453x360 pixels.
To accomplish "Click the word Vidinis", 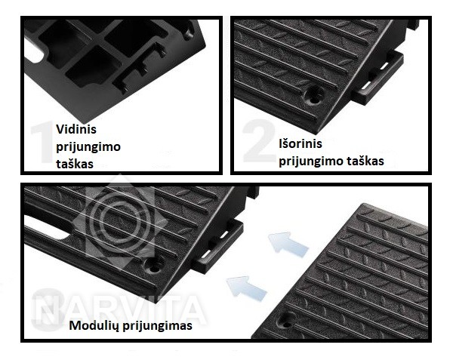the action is pyautogui.click(x=76, y=129).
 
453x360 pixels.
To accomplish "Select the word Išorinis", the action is pyautogui.click(x=300, y=143).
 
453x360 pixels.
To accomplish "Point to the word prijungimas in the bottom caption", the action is pyautogui.click(x=158, y=325).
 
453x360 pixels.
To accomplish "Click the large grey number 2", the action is pyautogui.click(x=258, y=140).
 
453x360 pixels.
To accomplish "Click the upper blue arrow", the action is pyautogui.click(x=288, y=243).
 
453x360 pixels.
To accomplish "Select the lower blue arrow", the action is pyautogui.click(x=246, y=286).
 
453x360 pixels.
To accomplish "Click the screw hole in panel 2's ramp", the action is pyautogui.click(x=314, y=96).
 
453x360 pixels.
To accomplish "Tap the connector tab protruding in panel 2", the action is pyautogui.click(x=378, y=78).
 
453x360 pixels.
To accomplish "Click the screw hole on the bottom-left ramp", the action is pyautogui.click(x=155, y=265).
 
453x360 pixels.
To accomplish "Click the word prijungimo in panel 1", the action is pyautogui.click(x=88, y=147).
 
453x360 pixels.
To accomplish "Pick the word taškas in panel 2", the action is pyautogui.click(x=365, y=161).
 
